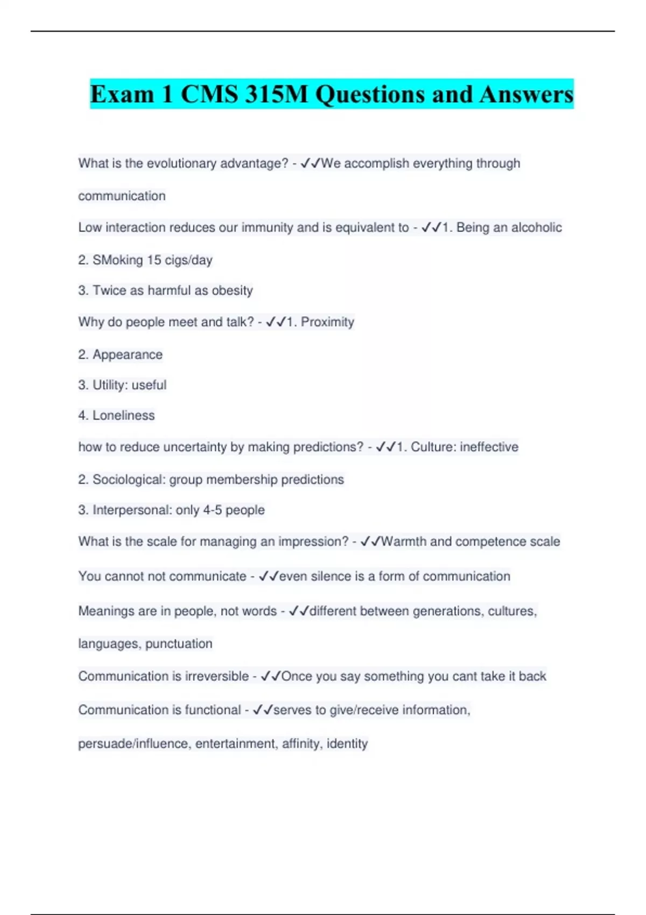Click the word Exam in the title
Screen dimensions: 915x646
(122, 95)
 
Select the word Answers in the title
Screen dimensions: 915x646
(526, 95)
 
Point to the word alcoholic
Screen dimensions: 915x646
(536, 228)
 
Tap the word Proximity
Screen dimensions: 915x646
(327, 322)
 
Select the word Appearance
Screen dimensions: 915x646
(128, 355)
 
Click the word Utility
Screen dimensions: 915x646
(110, 385)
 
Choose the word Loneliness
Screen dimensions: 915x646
(123, 416)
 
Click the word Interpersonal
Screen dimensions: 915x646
(131, 510)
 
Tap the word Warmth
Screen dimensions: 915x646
(404, 541)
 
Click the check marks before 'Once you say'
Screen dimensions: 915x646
(271, 677)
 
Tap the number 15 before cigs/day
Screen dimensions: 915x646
(154, 261)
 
